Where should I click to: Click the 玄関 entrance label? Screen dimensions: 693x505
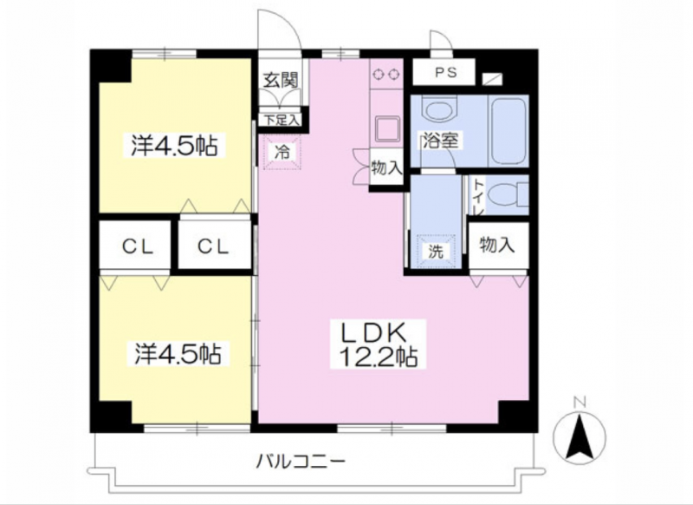(x=281, y=80)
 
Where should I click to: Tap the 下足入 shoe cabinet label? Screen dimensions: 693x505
(x=280, y=120)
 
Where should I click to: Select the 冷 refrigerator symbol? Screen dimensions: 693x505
(x=282, y=152)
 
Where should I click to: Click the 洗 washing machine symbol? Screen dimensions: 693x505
(x=436, y=251)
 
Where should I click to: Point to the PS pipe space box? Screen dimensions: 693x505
(x=444, y=72)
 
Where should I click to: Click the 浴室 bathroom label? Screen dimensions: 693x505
(x=440, y=141)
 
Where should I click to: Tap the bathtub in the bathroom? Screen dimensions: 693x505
(x=508, y=131)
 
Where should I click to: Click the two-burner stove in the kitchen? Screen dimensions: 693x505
(x=386, y=74)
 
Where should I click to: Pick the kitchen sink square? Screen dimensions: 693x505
(x=387, y=128)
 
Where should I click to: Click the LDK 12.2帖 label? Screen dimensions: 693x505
(x=378, y=344)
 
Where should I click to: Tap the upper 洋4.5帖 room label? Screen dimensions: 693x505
(x=174, y=145)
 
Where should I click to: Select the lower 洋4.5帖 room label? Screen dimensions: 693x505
(x=178, y=353)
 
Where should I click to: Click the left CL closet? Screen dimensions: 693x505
(x=135, y=245)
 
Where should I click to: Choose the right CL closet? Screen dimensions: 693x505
(x=214, y=245)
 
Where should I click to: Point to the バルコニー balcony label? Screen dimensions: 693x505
(x=301, y=462)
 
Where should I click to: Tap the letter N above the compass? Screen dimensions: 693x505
(x=580, y=403)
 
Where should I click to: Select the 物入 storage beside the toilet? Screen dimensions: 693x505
(x=498, y=246)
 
